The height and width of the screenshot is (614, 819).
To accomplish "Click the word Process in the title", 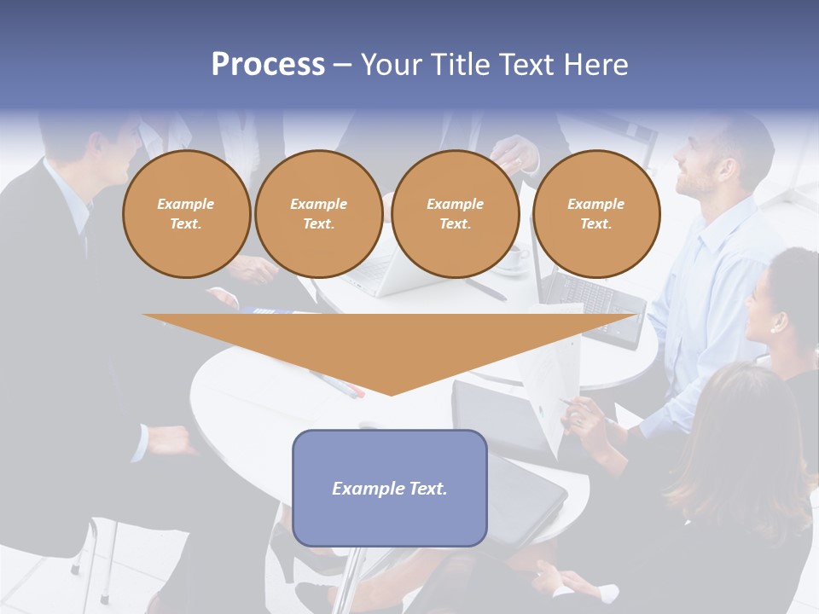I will [x=268, y=65].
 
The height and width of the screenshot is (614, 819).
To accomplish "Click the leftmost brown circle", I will [x=186, y=214].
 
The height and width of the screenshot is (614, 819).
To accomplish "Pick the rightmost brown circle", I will [x=596, y=214].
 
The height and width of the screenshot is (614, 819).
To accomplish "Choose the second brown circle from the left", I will [x=318, y=214].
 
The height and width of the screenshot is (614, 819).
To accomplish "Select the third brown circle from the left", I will [x=456, y=214].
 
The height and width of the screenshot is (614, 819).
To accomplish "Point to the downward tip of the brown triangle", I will [x=391, y=393].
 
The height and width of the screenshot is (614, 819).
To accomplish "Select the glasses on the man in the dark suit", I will [x=136, y=136].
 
